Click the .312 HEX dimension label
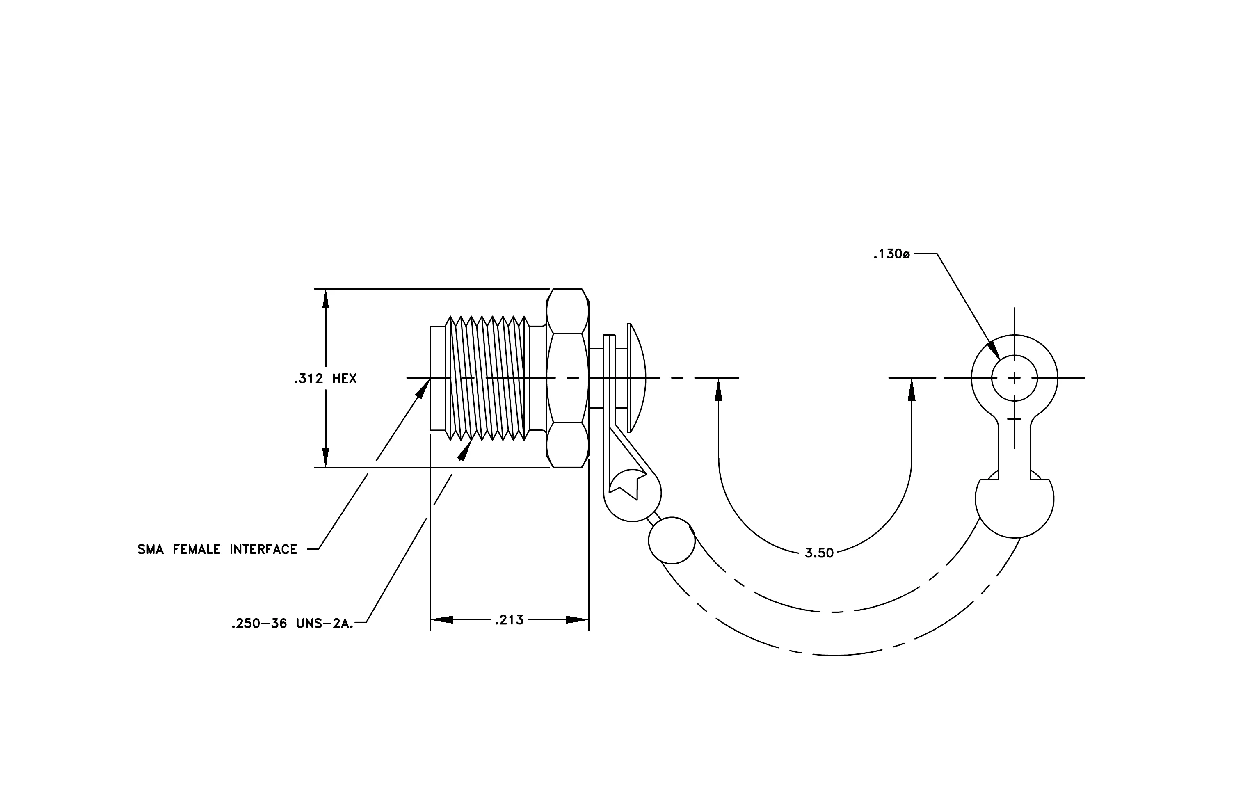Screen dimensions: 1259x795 325,378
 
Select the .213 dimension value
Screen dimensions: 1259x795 509,620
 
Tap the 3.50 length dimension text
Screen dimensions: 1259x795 819,553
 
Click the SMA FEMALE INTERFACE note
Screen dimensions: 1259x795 217,549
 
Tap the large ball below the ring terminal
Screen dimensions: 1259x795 1015,499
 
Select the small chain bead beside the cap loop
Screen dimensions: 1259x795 672,540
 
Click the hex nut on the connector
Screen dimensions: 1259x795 568,378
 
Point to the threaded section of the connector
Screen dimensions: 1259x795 487,378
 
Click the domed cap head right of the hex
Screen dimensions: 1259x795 636,378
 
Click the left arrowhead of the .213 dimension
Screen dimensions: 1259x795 441,620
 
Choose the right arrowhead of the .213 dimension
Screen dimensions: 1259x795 578,620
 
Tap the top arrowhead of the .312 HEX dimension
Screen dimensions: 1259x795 326,299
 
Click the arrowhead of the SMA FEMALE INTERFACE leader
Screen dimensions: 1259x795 423,388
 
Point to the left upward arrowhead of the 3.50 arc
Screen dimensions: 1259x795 718,389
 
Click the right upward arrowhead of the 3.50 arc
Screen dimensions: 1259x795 912,389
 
